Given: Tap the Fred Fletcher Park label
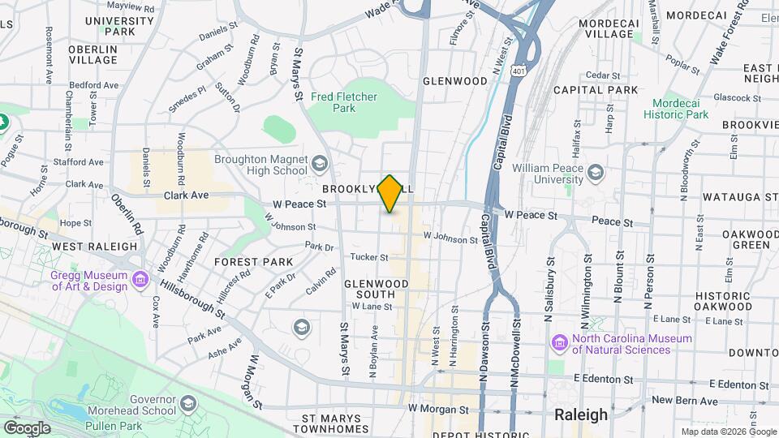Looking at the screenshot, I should pyautogui.click(x=344, y=102).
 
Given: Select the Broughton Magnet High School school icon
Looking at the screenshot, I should pyautogui.click(x=320, y=165).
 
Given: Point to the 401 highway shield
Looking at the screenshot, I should pyautogui.click(x=517, y=72).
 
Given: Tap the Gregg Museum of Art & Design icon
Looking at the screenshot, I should pyautogui.click(x=141, y=280).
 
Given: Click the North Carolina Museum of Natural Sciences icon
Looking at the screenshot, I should pyautogui.click(x=559, y=343).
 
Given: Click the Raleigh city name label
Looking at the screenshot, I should pyautogui.click(x=580, y=414).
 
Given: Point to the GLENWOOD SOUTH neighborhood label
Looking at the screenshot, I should pyautogui.click(x=376, y=288).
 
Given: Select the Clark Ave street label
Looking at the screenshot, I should pyautogui.click(x=187, y=195).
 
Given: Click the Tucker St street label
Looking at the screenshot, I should pyautogui.click(x=368, y=257).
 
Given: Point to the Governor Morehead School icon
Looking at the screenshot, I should pyautogui.click(x=188, y=404).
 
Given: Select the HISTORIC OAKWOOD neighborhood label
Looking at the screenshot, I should pyautogui.click(x=723, y=301).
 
